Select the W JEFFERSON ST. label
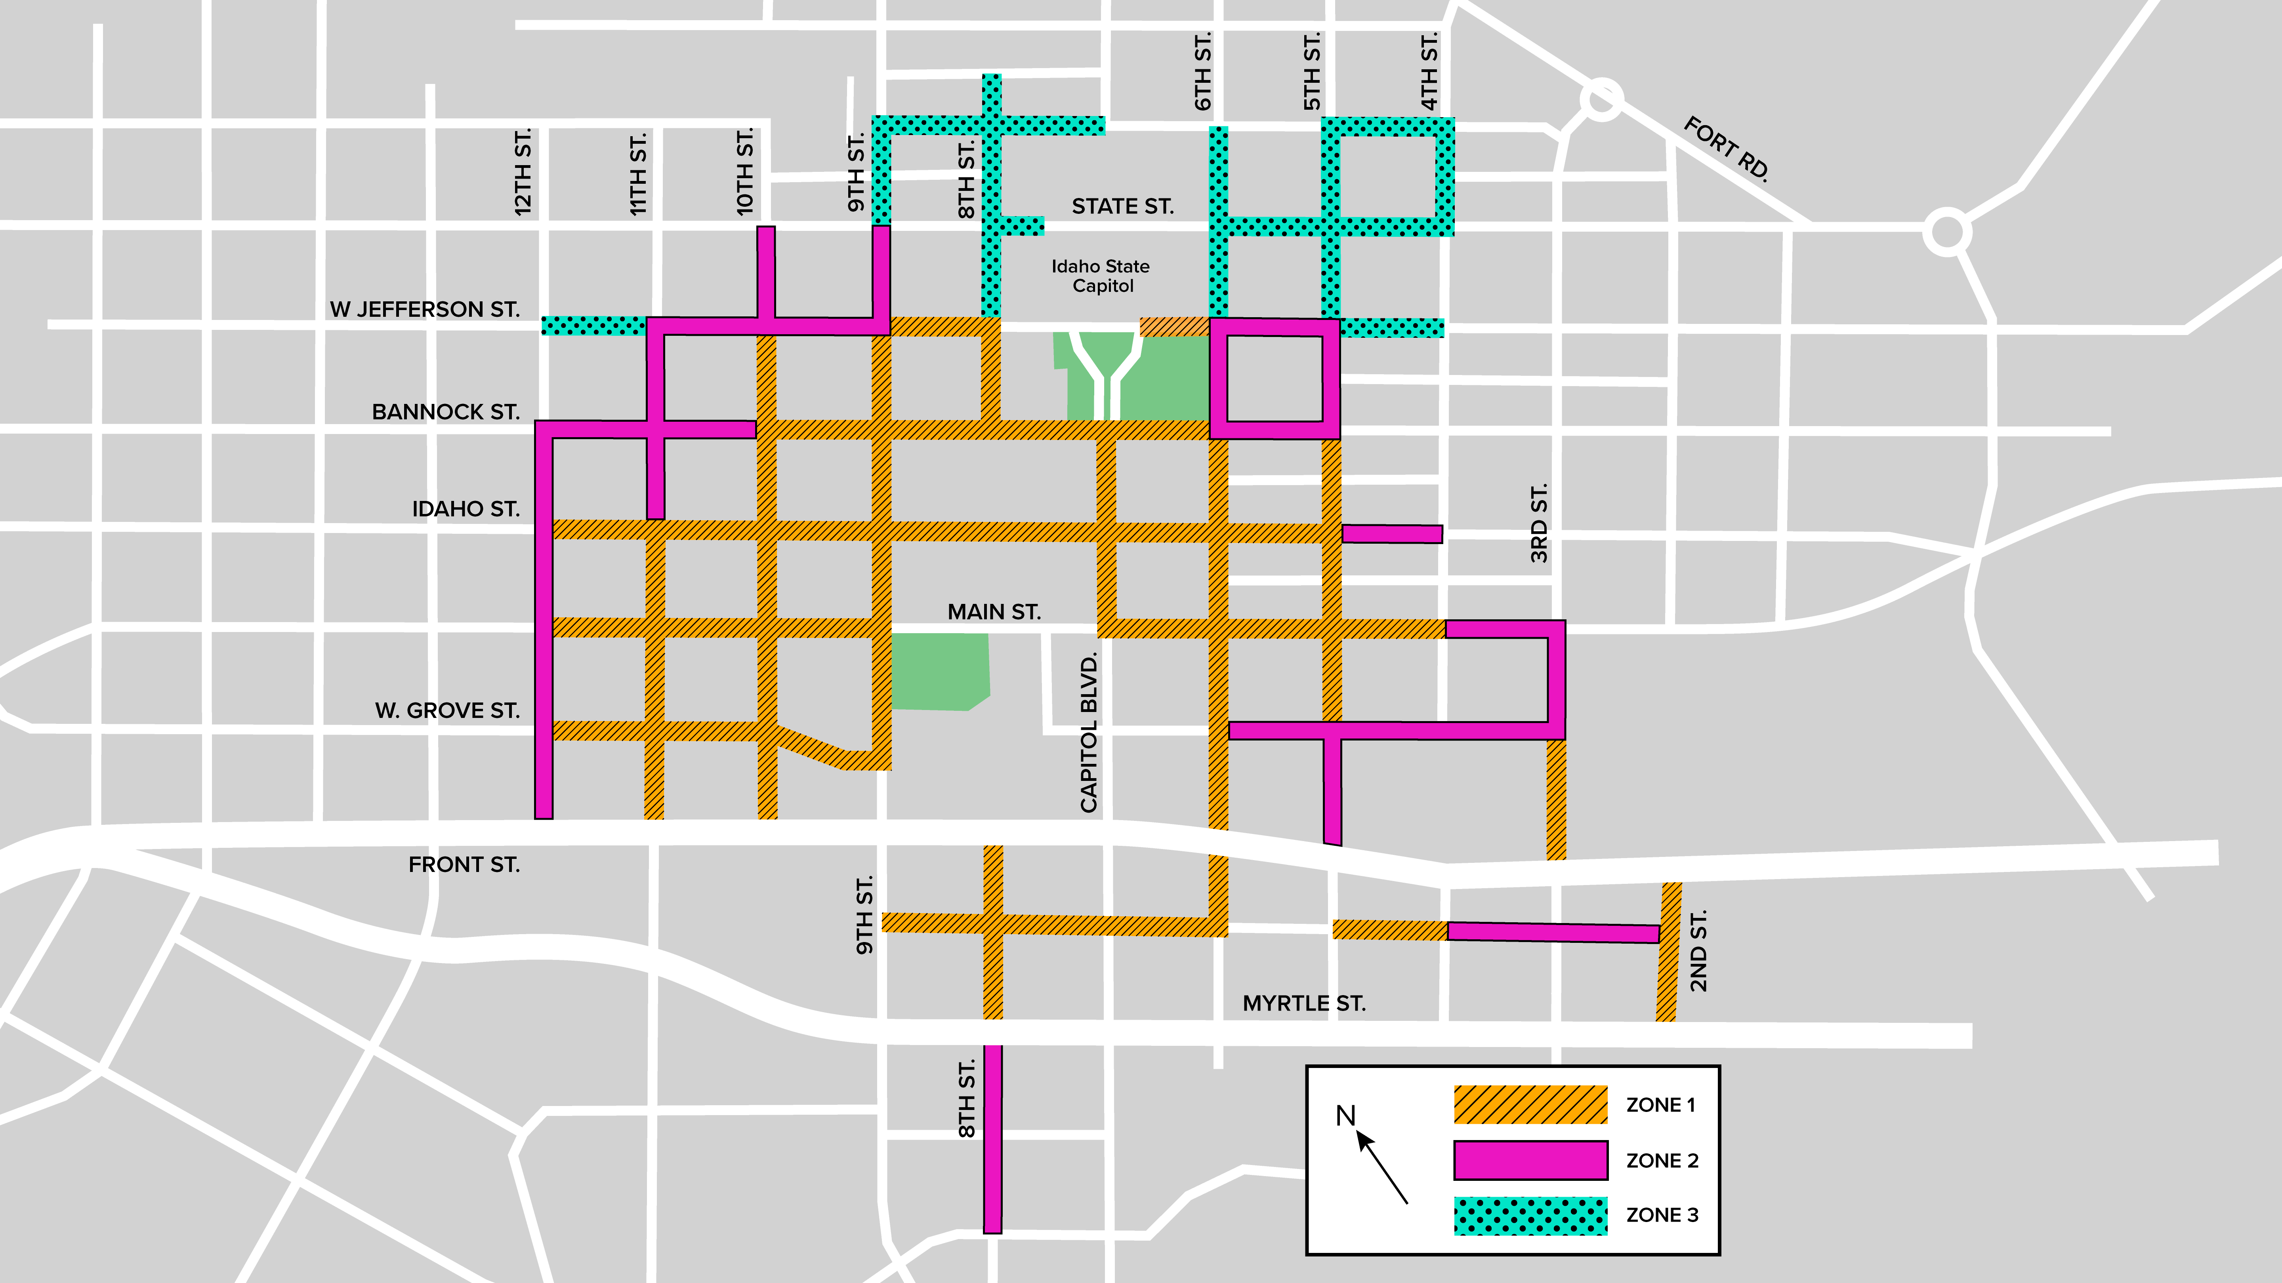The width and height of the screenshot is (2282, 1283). [x=424, y=309]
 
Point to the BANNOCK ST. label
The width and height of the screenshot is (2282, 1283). [x=446, y=412]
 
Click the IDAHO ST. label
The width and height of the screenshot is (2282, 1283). [x=466, y=509]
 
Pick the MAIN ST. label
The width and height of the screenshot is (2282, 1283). [x=994, y=612]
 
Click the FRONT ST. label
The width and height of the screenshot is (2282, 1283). [x=464, y=864]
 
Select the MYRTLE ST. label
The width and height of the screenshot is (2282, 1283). [x=1304, y=1003]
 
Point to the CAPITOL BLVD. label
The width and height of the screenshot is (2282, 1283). [x=1089, y=732]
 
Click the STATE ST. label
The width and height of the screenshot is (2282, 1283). [x=1122, y=206]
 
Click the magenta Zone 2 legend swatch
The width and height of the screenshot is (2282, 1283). [x=1530, y=1160]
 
